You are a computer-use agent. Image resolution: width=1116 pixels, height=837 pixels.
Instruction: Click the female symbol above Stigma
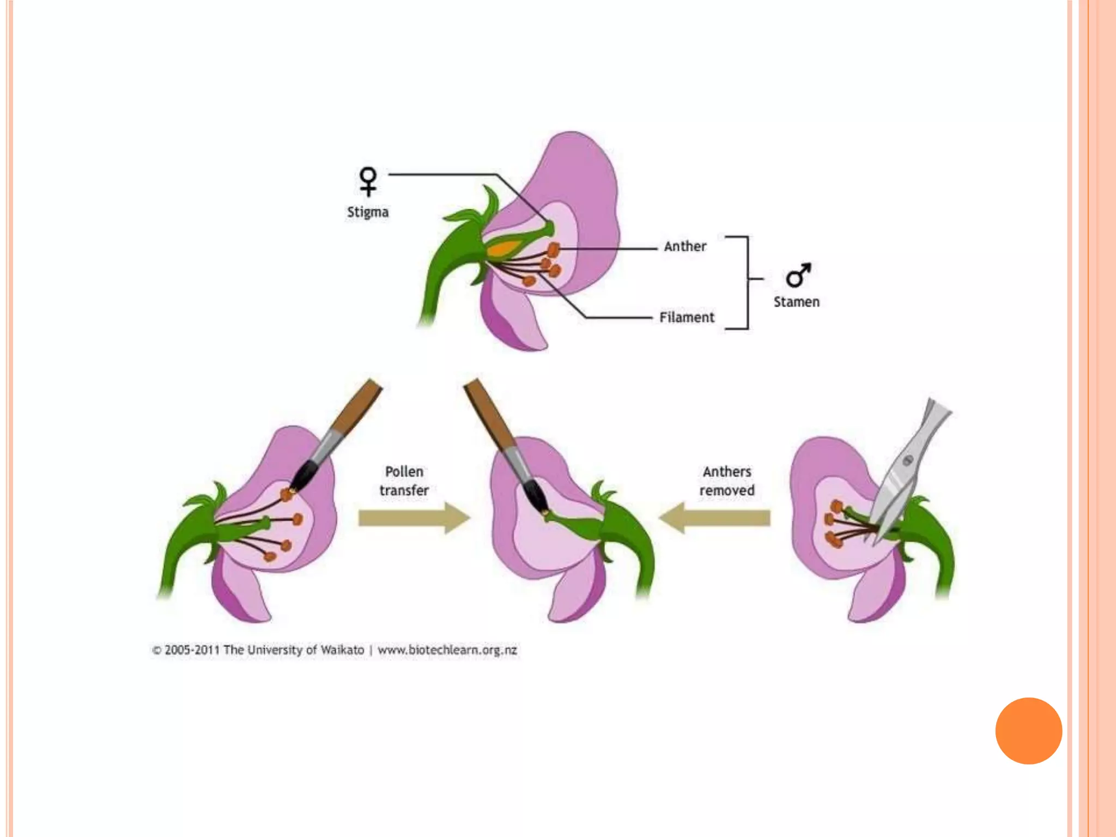368,181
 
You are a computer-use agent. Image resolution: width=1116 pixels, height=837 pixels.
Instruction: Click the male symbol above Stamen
798,275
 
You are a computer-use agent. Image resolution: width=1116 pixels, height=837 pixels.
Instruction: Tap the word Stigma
368,212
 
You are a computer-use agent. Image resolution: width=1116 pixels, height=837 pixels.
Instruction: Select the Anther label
685,247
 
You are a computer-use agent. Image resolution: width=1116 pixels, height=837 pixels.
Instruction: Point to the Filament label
687,318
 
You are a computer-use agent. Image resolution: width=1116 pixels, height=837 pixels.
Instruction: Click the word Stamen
796,302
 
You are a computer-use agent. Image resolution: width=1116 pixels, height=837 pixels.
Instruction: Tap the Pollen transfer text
404,481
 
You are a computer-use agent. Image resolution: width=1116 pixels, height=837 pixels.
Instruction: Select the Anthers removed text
727,481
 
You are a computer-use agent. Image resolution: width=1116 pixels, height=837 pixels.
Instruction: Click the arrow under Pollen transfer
414,518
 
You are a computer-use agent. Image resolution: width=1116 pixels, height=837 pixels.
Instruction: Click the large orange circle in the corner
1028,731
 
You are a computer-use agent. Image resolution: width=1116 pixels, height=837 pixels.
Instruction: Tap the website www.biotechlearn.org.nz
447,650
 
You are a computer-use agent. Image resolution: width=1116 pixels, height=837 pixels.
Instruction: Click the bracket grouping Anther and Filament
747,282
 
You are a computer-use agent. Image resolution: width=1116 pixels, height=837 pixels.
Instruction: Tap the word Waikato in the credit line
342,650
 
